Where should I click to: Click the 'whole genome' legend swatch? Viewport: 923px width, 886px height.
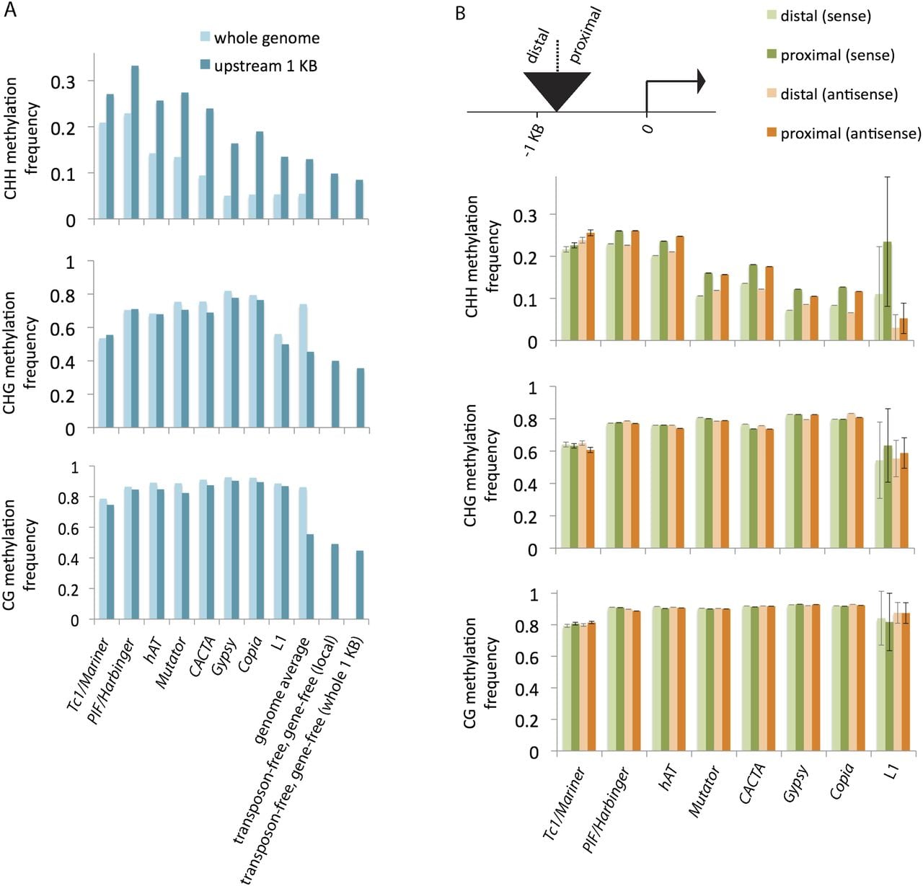204,37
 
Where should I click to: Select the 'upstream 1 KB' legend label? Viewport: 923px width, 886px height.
265,66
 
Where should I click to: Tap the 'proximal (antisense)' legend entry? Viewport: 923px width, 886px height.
844,133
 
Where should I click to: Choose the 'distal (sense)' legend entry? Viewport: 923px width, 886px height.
819,16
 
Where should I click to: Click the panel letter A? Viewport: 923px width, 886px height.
10,10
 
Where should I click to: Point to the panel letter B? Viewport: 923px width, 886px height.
460,14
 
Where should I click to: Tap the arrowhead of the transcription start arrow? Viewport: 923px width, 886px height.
701,81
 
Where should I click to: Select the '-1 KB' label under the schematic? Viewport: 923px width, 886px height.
534,139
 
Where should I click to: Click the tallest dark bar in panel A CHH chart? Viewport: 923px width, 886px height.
135,142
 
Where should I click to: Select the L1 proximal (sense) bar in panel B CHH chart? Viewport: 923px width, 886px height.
888,291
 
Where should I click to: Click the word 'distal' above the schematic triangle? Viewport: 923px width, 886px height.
539,46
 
